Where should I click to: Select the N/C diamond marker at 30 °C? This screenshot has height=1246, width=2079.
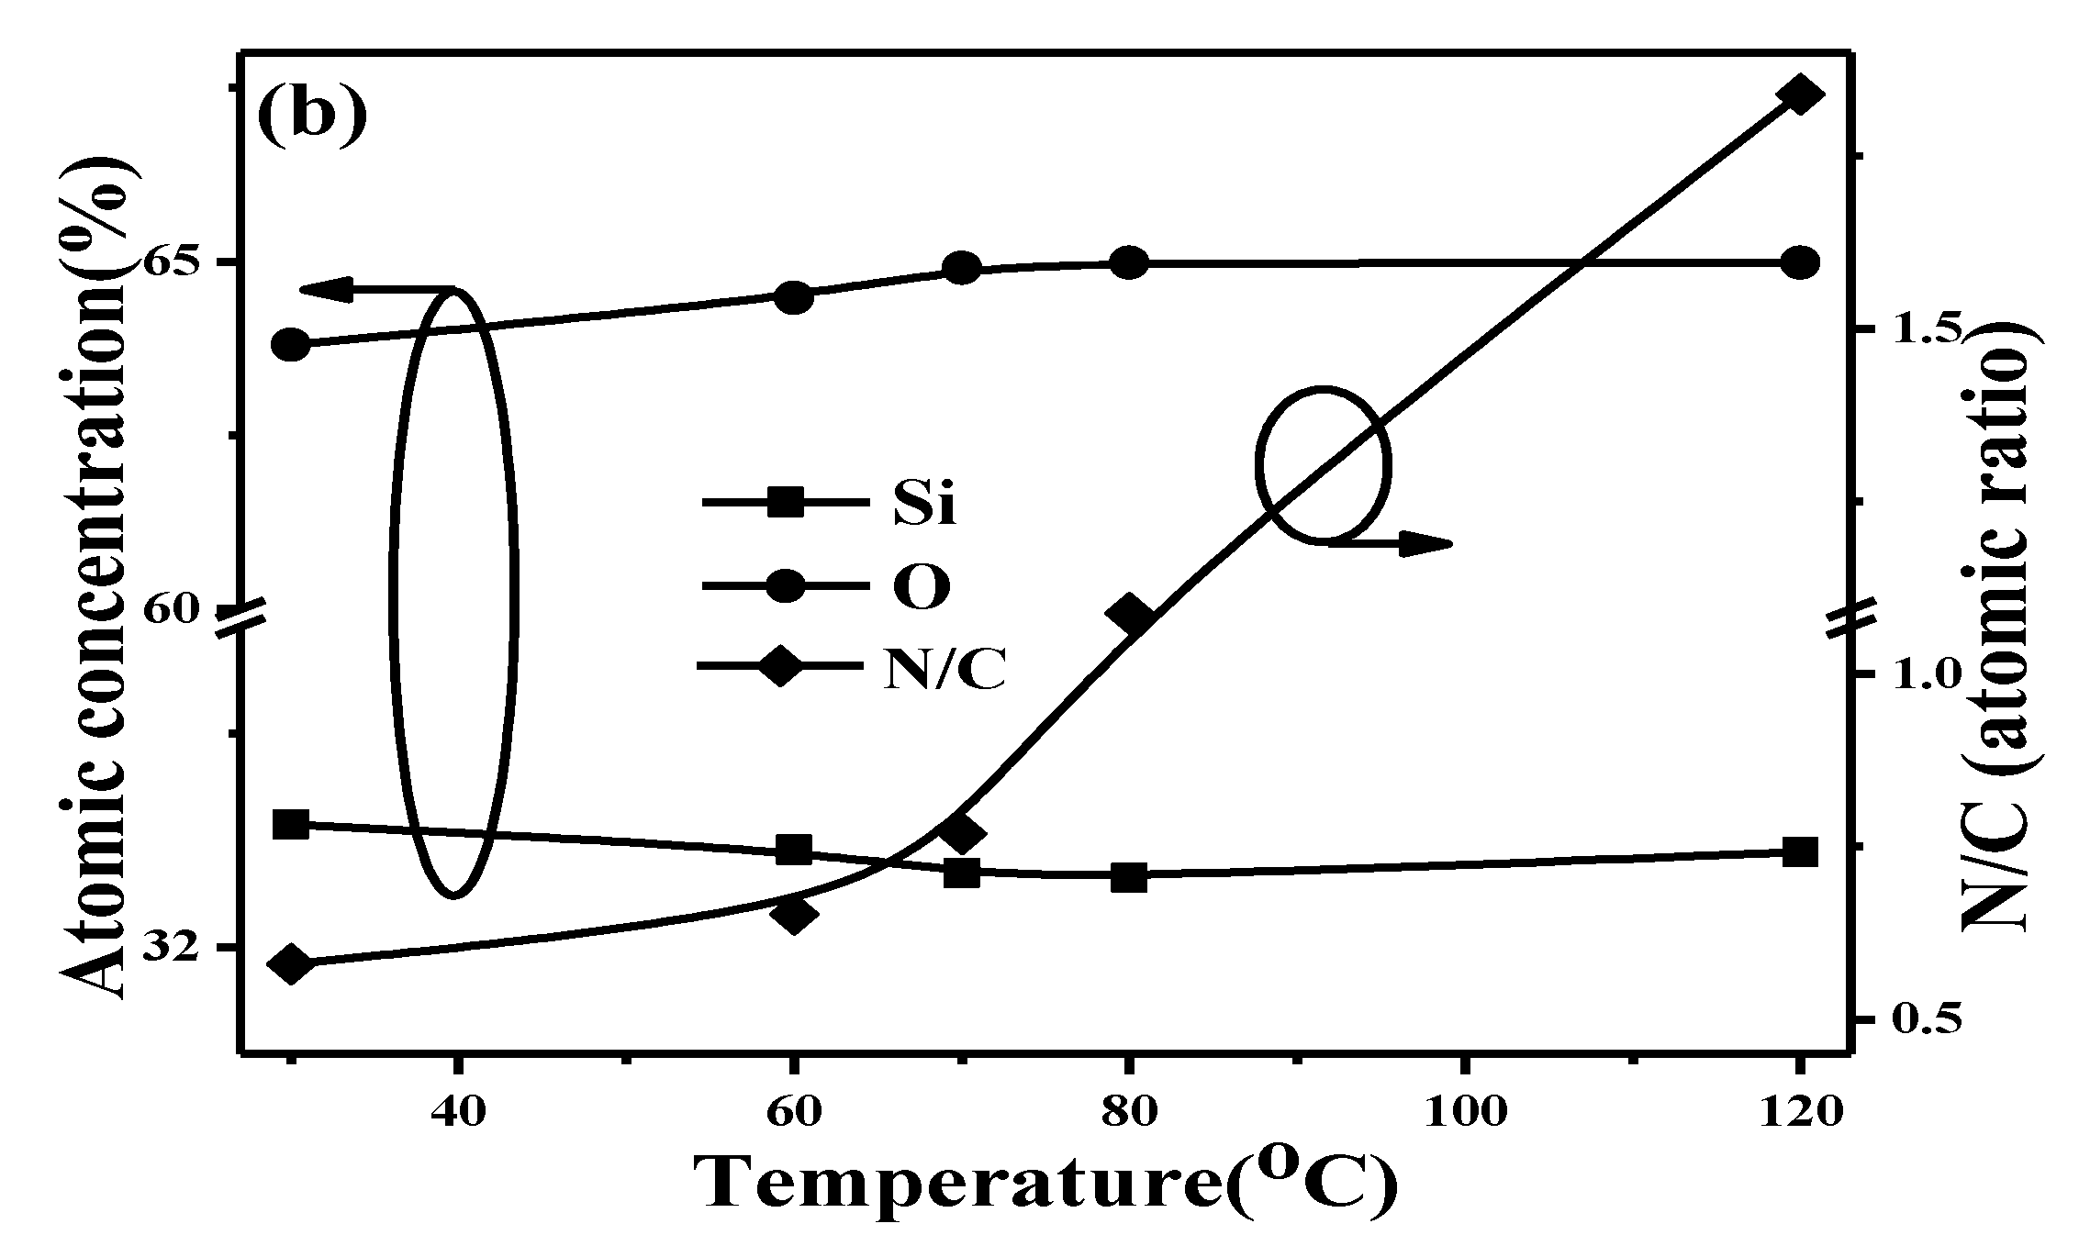pos(292,964)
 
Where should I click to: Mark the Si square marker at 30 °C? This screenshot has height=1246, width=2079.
pos(292,824)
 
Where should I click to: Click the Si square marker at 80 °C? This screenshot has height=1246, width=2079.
pos(1128,876)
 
